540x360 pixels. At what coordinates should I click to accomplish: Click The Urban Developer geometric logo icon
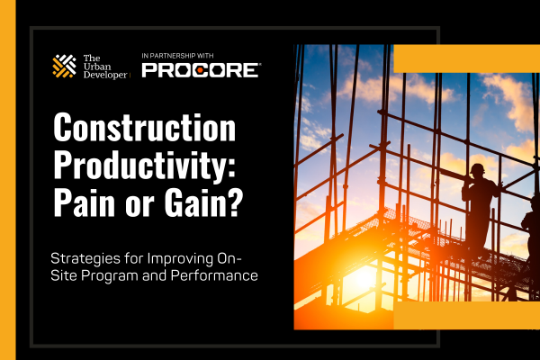(x=64, y=67)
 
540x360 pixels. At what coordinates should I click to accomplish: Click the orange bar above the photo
(x=466, y=58)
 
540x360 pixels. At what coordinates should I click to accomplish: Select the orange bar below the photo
(x=466, y=315)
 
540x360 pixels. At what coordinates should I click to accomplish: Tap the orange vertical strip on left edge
(x=7, y=180)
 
